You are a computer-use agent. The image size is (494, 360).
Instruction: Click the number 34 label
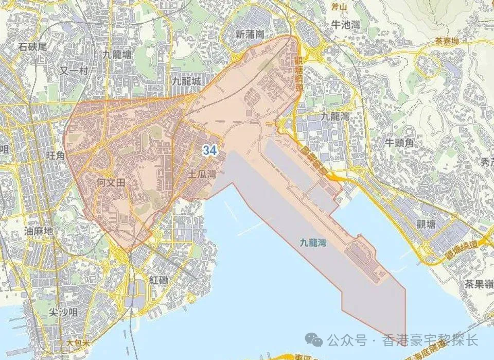(209, 150)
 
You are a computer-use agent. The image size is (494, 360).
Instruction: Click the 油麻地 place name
(39, 231)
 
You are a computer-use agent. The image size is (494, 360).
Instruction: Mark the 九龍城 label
(186, 80)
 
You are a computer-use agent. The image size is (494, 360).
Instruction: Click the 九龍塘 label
(117, 54)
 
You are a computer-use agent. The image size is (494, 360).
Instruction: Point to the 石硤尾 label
(32, 46)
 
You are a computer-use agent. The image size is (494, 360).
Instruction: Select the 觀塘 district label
(427, 225)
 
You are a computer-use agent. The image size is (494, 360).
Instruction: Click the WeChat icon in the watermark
(315, 340)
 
